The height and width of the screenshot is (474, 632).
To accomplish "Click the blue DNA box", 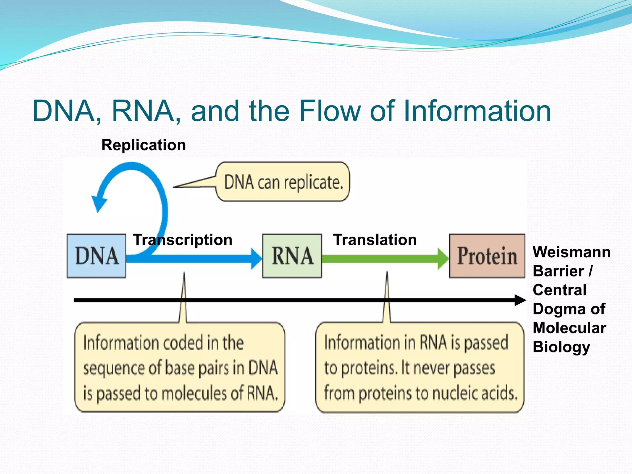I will tap(96, 256).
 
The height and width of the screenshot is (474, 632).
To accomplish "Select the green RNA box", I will tap(292, 256).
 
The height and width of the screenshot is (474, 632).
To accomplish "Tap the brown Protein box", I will tap(487, 256).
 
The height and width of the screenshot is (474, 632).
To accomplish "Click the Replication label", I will tap(143, 145).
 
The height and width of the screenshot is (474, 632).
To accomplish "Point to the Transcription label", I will tap(183, 240).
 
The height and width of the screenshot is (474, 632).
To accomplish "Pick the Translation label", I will tap(375, 240).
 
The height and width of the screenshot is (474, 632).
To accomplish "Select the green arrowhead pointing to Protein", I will tap(443, 259).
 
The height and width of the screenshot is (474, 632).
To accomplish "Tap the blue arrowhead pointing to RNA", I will tap(256, 259).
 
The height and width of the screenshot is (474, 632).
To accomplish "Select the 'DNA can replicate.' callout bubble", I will tap(283, 182).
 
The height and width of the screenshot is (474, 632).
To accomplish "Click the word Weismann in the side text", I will tap(572, 252).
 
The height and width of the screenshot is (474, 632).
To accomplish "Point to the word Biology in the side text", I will tap(561, 347).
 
